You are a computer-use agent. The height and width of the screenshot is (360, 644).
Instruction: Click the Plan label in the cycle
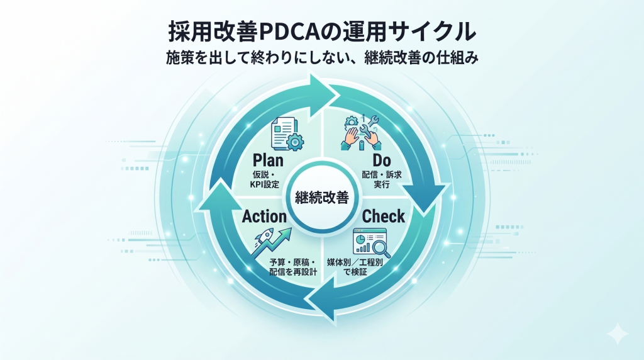click(x=268, y=160)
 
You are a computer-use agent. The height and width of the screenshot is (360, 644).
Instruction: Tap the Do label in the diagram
click(x=382, y=160)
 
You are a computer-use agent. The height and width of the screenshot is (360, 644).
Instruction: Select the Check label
click(x=383, y=216)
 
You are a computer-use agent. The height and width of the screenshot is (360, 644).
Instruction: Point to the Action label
click(x=264, y=217)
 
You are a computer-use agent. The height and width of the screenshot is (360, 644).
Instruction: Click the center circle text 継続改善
click(x=322, y=198)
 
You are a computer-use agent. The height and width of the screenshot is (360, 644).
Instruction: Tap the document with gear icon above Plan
click(x=287, y=134)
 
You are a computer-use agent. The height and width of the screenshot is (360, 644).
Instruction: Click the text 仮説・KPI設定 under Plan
click(x=265, y=179)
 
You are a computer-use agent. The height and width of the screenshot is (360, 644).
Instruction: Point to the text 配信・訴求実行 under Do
click(x=382, y=179)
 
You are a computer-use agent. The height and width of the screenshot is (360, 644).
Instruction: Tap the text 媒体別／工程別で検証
click(x=355, y=267)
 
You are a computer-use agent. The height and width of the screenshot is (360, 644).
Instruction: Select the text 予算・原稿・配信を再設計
click(x=293, y=267)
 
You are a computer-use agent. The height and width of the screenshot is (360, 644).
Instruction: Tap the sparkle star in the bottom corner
click(x=618, y=334)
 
